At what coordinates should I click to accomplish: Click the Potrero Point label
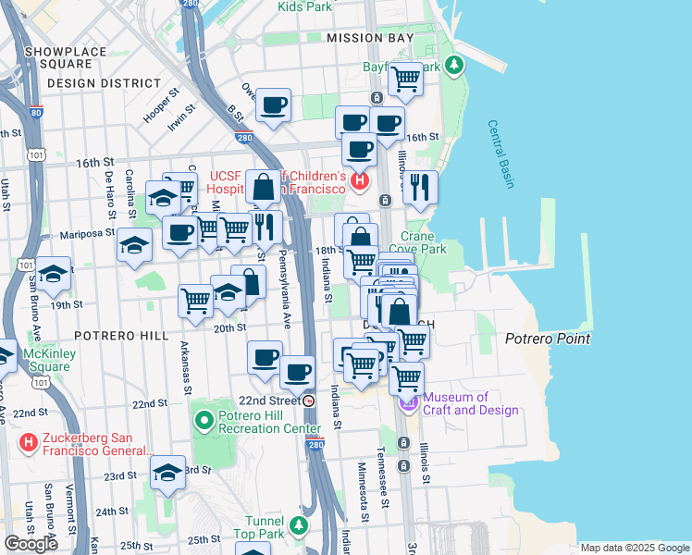click(548, 339)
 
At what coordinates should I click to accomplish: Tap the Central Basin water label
click(501, 154)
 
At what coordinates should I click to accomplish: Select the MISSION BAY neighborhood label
click(368, 38)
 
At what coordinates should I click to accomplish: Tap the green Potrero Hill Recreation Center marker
click(204, 422)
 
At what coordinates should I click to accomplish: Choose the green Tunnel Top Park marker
click(298, 525)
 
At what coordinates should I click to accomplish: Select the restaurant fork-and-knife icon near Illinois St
click(420, 187)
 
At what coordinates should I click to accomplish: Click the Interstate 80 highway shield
click(36, 113)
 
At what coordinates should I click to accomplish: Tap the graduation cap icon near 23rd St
click(167, 473)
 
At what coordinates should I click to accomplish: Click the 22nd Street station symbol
click(309, 401)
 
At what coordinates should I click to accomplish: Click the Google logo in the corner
click(31, 543)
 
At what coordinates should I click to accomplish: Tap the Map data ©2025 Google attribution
click(634, 548)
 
